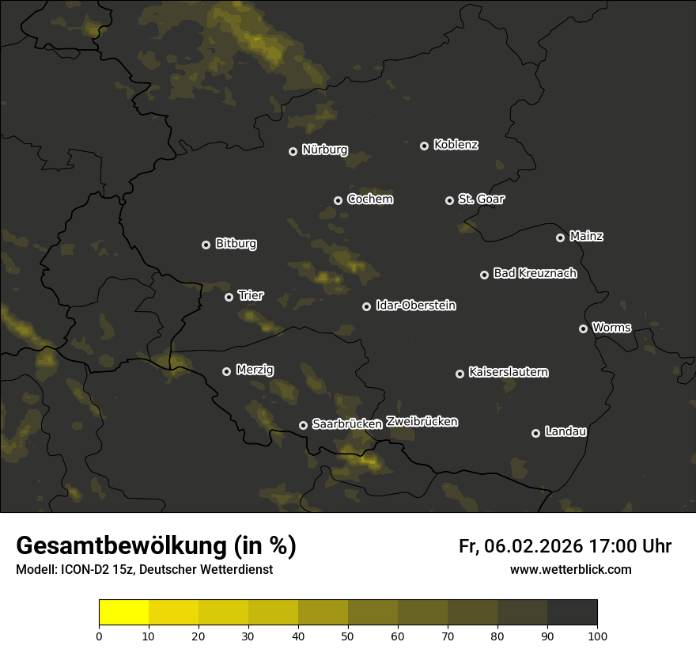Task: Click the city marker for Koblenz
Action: tap(424, 146)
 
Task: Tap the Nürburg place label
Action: tap(324, 150)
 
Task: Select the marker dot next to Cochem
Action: tap(338, 200)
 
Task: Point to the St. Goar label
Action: tap(481, 199)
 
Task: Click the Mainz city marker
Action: tap(560, 237)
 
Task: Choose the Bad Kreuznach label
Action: tap(535, 274)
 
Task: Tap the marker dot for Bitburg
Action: tap(206, 245)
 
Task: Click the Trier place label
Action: tap(251, 296)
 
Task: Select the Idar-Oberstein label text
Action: tap(415, 306)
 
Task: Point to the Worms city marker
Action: tap(583, 328)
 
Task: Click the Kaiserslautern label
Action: tap(508, 372)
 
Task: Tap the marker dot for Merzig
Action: tap(226, 371)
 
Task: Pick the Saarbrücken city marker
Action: tap(303, 425)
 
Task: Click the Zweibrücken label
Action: tap(422, 422)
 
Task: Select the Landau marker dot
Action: tap(535, 433)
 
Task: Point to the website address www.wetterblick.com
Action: tap(570, 570)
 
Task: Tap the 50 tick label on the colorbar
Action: tap(348, 636)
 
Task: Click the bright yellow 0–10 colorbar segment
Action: tap(123, 613)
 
